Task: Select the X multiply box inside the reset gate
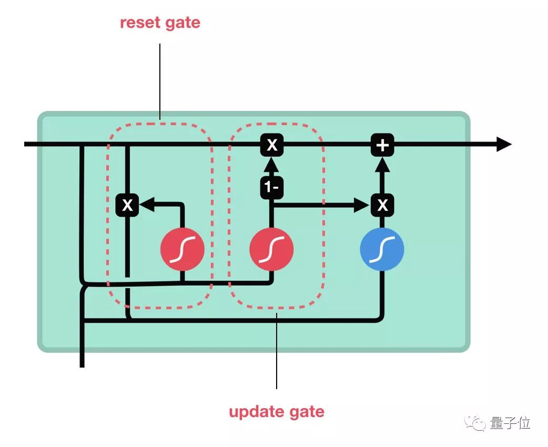pyautogui.click(x=127, y=205)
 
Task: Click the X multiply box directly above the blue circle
pyautogui.click(x=382, y=205)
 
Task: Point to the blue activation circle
pyautogui.click(x=382, y=249)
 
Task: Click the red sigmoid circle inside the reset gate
pyautogui.click(x=182, y=249)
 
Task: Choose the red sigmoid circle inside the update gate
pyautogui.click(x=271, y=249)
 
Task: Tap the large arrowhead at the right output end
pyautogui.click(x=503, y=145)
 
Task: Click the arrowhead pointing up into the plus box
pyautogui.click(x=382, y=165)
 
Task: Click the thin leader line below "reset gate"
pyautogui.click(x=159, y=79)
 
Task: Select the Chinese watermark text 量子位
pyautogui.click(x=510, y=423)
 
